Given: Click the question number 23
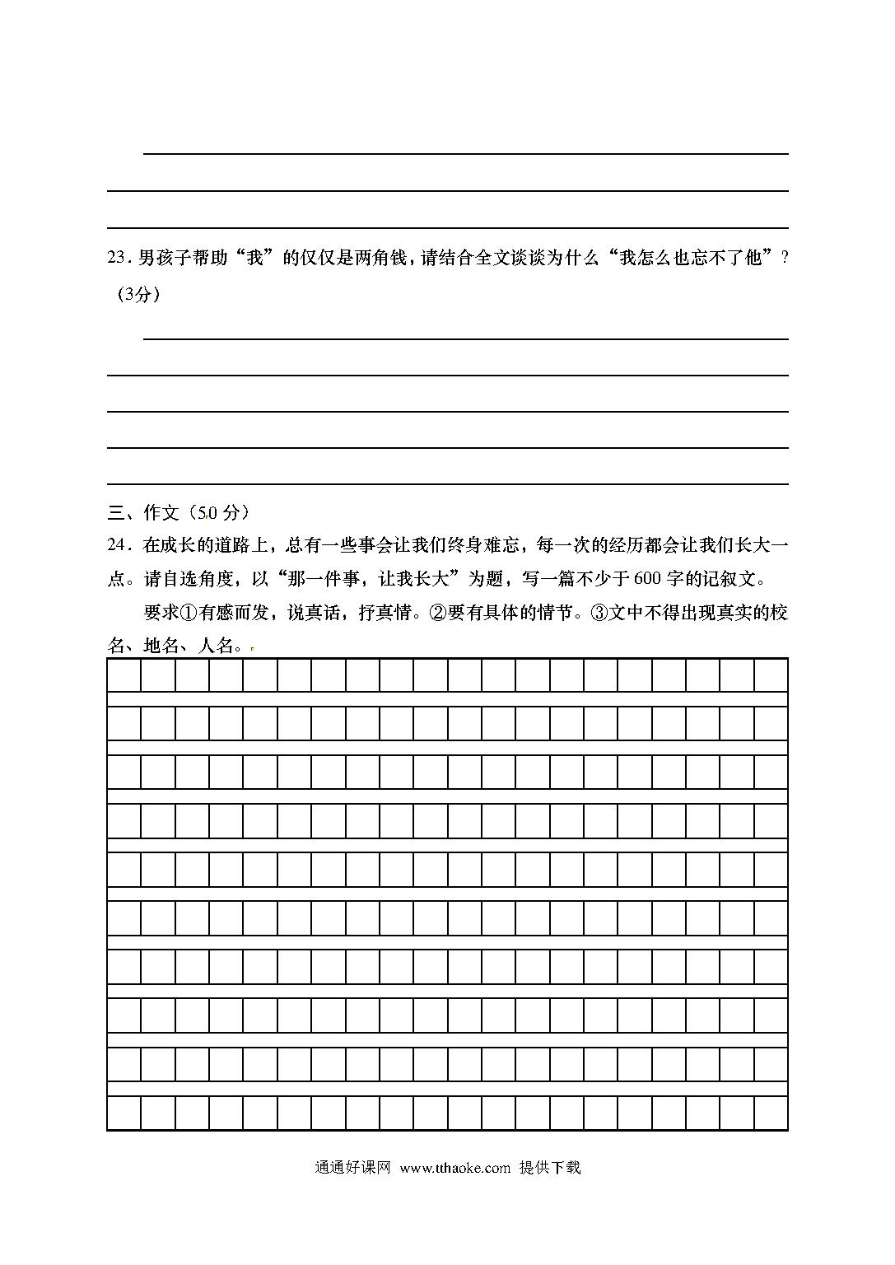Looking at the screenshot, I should (x=117, y=259).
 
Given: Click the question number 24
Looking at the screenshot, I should (x=117, y=545).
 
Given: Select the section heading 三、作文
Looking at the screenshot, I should (x=143, y=513).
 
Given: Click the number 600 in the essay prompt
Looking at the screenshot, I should (x=647, y=579).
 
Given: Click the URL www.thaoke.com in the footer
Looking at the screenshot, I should (x=454, y=1168).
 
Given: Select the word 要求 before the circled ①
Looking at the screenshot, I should (x=161, y=613).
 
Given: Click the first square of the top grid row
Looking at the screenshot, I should (x=124, y=675).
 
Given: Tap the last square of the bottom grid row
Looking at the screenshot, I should (x=771, y=1113).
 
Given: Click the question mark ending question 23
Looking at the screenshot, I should (x=784, y=259).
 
